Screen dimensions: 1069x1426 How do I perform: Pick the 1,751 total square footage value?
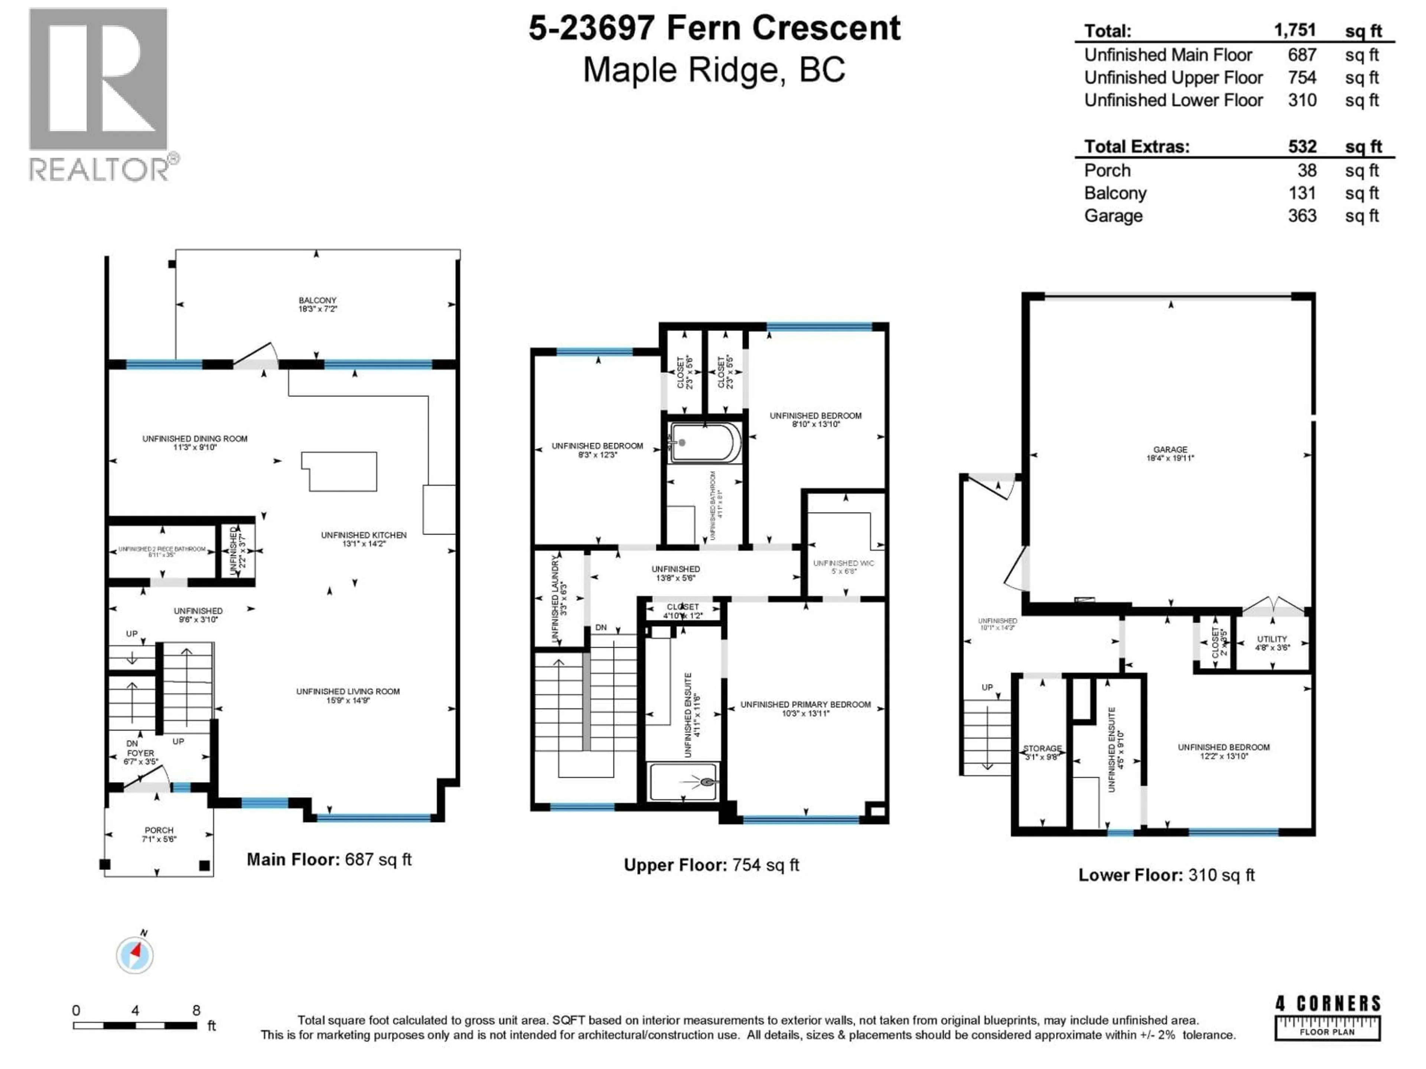1295,30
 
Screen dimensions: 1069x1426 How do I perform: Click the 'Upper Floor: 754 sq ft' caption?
711,865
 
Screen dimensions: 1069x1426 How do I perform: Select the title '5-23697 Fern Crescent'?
714,28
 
